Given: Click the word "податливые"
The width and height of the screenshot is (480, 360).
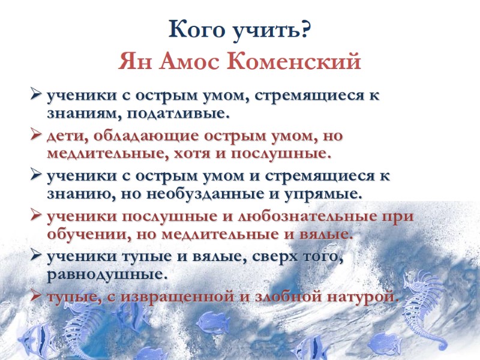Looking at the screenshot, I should coord(179,112).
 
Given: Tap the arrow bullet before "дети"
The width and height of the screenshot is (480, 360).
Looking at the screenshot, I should coord(36,136).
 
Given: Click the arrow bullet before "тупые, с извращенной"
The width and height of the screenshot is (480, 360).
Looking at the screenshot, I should coord(36,297).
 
